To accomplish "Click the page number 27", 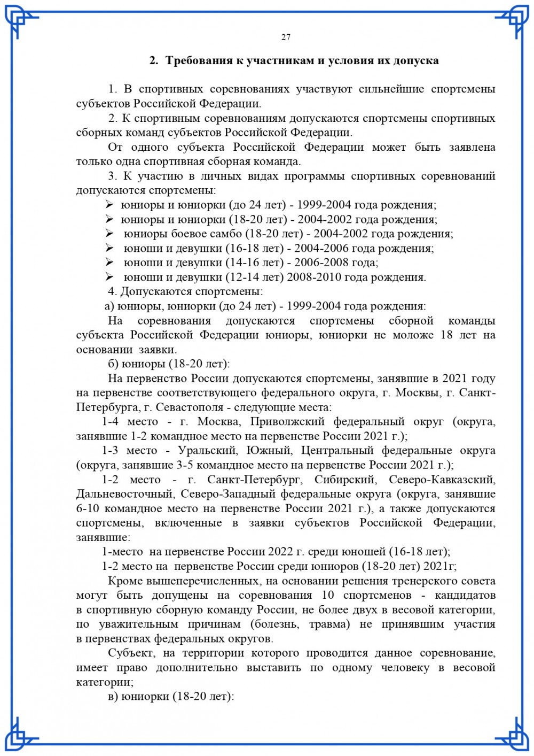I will click(x=286, y=37).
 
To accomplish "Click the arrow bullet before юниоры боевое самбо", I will click(x=109, y=234).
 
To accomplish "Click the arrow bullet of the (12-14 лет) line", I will click(x=109, y=277).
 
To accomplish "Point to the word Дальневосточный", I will click(x=124, y=494).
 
